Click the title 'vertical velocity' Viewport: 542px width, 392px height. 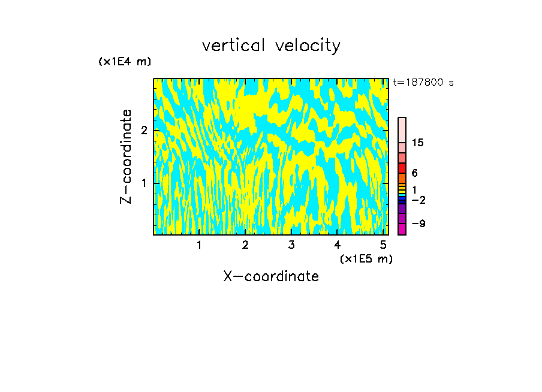tap(271, 46)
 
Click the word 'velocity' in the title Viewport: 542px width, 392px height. tap(306, 46)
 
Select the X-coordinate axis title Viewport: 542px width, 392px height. tap(271, 276)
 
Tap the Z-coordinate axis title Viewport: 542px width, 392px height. tap(126, 156)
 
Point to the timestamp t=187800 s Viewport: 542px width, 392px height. tap(423, 83)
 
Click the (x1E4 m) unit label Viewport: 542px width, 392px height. tap(125, 62)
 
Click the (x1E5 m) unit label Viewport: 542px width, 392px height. tap(366, 258)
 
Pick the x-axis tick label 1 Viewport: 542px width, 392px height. tap(199, 245)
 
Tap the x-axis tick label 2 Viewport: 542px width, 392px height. tap(245, 245)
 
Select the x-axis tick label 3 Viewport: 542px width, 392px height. tap(291, 245)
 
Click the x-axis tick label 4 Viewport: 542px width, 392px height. tap(338, 245)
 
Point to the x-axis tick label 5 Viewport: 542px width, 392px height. tap(383, 245)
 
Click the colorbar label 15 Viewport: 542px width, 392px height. tap(417, 143)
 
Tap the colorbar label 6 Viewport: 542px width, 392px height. tap(414, 173)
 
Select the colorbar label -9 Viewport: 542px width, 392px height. tap(418, 224)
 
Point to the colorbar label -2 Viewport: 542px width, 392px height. tap(418, 200)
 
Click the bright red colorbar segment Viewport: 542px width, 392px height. tap(402, 168)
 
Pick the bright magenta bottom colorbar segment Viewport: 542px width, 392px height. tap(402, 229)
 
